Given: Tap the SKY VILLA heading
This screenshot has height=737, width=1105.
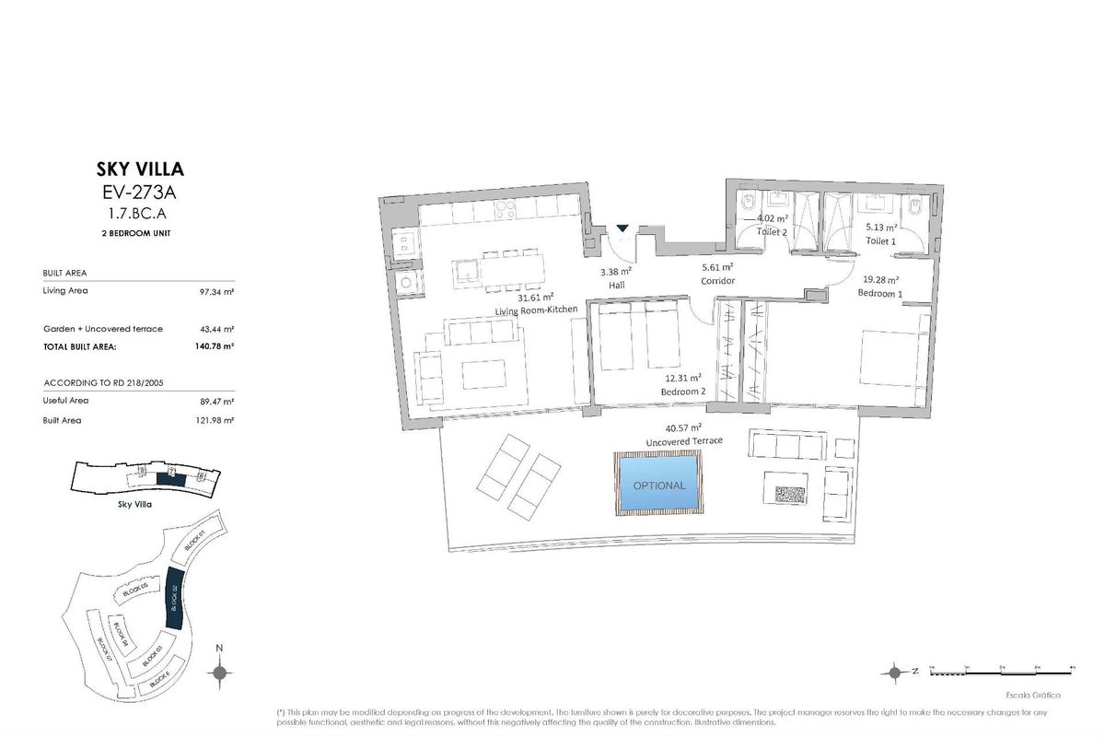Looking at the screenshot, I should pyautogui.click(x=140, y=170).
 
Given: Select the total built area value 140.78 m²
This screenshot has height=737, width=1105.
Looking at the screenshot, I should pyautogui.click(x=215, y=346).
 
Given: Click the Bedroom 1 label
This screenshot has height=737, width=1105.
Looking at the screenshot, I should pyautogui.click(x=879, y=293).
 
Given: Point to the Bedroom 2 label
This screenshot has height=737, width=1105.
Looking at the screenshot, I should pyautogui.click(x=683, y=392).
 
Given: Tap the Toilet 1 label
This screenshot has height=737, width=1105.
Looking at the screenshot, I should pyautogui.click(x=881, y=240).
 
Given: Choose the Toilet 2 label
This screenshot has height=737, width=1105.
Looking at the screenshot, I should pyautogui.click(x=772, y=233).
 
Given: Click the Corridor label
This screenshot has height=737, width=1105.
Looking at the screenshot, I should pyautogui.click(x=717, y=281).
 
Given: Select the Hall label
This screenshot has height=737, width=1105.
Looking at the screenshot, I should pyautogui.click(x=616, y=286).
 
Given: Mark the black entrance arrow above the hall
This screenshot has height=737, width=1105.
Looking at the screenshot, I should pyautogui.click(x=622, y=228).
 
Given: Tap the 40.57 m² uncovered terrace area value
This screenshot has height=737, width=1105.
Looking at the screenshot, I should pyautogui.click(x=683, y=428).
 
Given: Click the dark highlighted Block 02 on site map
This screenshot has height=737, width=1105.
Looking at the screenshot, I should pyautogui.click(x=174, y=600).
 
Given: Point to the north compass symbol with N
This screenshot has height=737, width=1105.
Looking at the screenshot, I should pyautogui.click(x=219, y=673).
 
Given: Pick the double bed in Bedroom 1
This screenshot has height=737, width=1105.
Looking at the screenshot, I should pyautogui.click(x=890, y=359).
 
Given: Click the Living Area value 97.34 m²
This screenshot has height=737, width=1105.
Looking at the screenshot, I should pyautogui.click(x=215, y=291).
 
